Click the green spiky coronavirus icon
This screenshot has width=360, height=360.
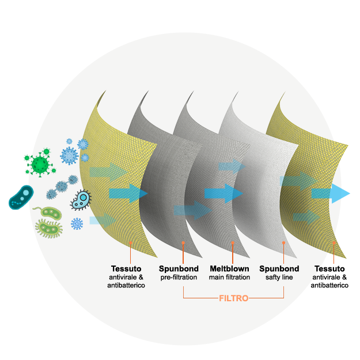[40, 163]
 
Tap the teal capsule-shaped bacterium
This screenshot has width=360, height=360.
[21, 197]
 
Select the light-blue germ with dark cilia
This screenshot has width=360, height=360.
[81, 200]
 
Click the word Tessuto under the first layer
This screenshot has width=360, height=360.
[126, 268]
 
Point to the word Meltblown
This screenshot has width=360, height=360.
[229, 268]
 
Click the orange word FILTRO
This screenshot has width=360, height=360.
[233, 298]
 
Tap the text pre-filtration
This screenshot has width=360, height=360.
[178, 278]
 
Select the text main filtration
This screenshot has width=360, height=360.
[229, 278]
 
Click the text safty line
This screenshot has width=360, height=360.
[279, 278]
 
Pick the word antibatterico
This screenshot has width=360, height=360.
[126, 286]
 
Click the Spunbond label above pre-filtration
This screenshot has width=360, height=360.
[179, 268]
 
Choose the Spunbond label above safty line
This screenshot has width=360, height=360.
[279, 268]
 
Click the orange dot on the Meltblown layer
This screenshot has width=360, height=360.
[232, 242]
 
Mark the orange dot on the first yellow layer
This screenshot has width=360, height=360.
[131, 243]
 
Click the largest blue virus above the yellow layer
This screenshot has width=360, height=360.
[69, 155]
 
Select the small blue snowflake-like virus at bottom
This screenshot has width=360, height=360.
[77, 223]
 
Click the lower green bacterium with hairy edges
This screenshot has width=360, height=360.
[48, 229]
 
